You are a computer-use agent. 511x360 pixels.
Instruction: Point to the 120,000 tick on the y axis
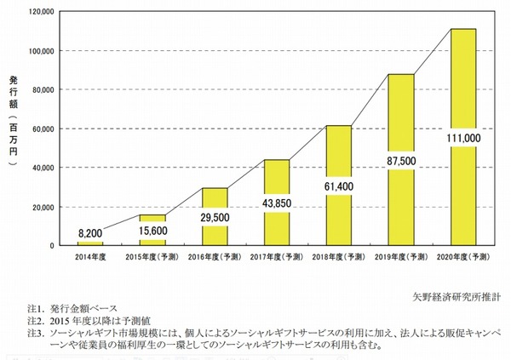coord(40,12)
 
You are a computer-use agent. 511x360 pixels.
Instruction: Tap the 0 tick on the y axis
coord(53,246)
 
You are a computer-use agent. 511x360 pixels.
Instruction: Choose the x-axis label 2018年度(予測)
coord(341,256)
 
